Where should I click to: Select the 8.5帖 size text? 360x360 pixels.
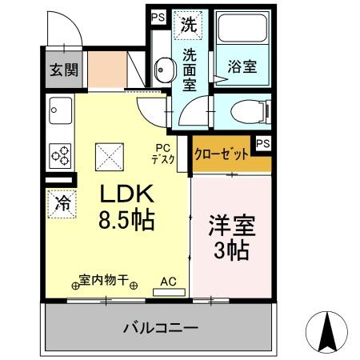(x=126, y=218)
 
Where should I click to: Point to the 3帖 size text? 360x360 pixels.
(x=230, y=250)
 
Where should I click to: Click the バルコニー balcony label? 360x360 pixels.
(x=160, y=327)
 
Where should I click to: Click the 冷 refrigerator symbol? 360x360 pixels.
(x=62, y=202)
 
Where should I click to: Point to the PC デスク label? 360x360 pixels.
(x=163, y=153)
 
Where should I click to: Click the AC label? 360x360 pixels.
(x=168, y=281)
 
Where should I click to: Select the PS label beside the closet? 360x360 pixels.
(x=262, y=143)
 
